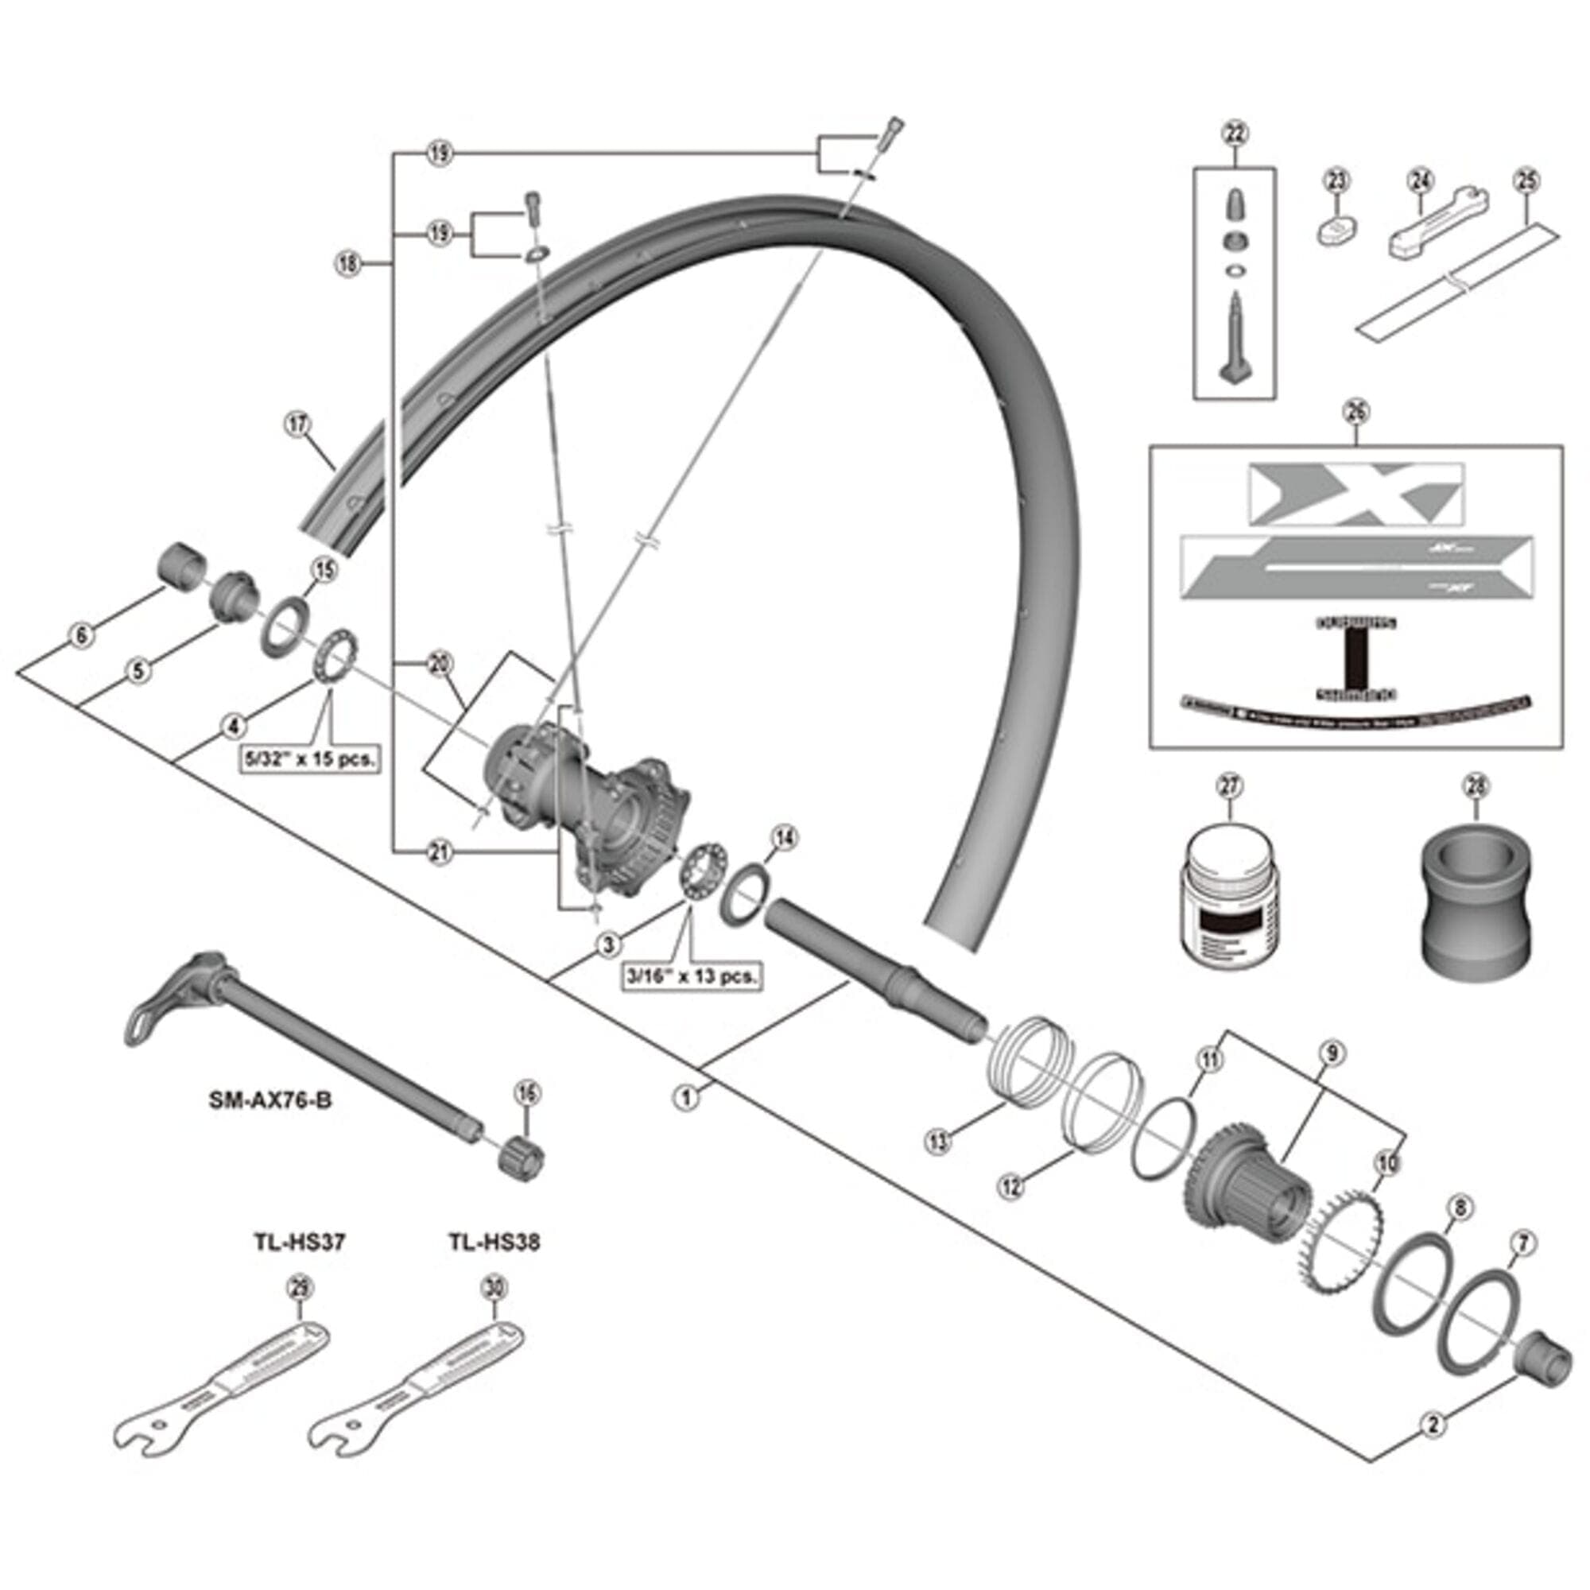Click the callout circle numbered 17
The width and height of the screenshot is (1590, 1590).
(298, 425)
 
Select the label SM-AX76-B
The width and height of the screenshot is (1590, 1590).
(270, 1100)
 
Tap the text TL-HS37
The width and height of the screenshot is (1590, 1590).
(299, 1241)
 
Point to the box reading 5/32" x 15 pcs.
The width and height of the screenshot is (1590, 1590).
(309, 758)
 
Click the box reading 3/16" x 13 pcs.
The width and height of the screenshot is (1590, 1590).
(692, 976)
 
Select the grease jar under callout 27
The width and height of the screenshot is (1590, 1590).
(1226, 902)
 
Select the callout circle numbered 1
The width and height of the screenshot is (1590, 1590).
(687, 1097)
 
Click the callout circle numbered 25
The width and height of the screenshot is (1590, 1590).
(1526, 180)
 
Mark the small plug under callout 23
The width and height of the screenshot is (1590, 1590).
(1336, 230)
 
